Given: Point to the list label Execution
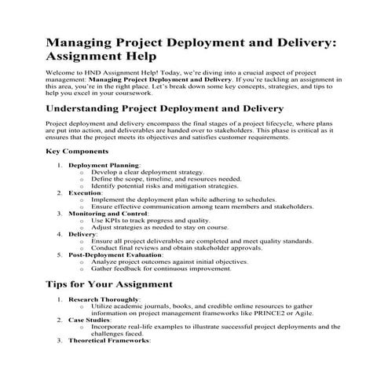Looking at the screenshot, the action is (x=85, y=192).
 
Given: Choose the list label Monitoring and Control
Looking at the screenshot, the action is (x=108, y=214).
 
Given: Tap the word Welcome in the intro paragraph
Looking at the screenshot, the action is (x=61, y=72).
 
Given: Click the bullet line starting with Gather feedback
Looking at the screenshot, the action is (x=164, y=269).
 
